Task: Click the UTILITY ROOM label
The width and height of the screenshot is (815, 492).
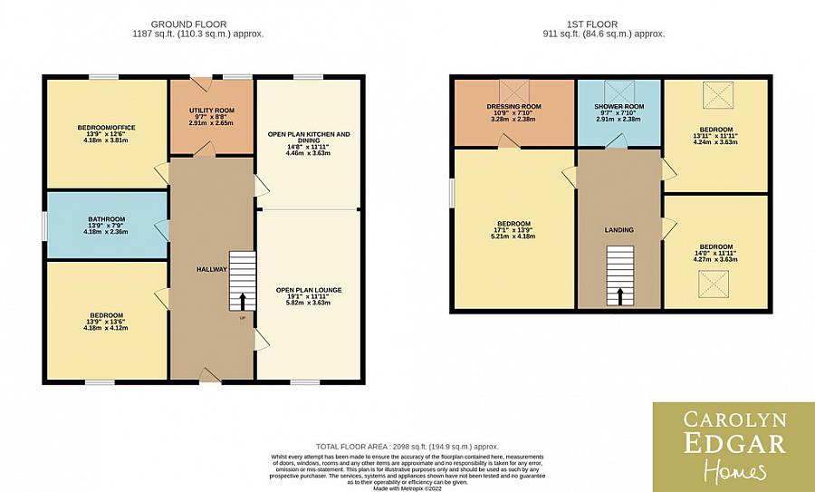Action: click(212, 111)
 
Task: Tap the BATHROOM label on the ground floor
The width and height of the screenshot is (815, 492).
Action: click(106, 219)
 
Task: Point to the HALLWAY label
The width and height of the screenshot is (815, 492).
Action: click(211, 270)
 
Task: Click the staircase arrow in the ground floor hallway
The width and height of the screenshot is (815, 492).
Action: click(242, 301)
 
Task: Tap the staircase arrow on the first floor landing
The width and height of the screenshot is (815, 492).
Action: click(620, 295)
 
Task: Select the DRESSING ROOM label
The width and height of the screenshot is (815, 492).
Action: click(513, 107)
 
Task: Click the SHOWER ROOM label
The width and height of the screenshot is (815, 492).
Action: click(619, 107)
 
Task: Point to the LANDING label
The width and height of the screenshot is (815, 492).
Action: click(620, 230)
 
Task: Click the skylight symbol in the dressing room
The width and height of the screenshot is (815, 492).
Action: click(514, 91)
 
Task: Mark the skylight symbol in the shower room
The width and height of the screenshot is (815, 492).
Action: click(620, 91)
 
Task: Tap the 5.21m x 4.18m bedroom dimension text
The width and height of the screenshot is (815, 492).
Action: click(513, 236)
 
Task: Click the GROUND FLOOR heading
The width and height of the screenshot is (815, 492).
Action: click(188, 24)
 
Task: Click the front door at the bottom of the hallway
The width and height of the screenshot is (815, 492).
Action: click(210, 376)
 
